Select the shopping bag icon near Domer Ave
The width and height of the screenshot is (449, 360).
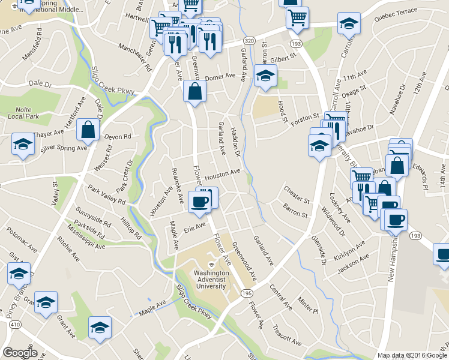[195, 91]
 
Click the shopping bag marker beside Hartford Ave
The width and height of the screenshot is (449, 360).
[88, 129]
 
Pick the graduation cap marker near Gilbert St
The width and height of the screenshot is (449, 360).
[265, 76]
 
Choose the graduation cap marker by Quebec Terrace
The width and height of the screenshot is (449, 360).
[348, 23]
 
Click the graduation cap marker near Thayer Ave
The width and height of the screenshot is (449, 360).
[23, 144]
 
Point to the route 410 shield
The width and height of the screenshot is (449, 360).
[14, 323]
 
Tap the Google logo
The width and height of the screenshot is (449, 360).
[20, 353]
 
